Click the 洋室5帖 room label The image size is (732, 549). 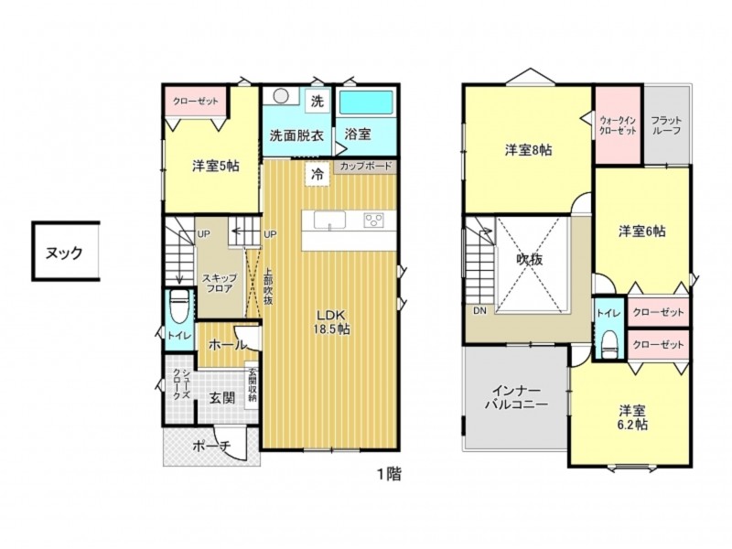[216, 166]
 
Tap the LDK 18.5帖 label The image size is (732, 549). [331, 321]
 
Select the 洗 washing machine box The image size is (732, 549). [318, 101]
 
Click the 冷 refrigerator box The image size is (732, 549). [318, 174]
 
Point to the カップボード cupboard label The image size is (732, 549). [365, 167]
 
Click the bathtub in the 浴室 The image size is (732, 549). [366, 102]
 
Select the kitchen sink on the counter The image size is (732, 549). [329, 221]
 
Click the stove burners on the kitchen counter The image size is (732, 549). [374, 221]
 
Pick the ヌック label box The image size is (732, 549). [66, 251]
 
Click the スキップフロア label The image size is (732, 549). [220, 284]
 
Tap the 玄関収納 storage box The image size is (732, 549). [253, 385]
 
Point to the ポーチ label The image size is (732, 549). [212, 446]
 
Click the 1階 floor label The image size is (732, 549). [389, 475]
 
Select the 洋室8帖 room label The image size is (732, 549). [529, 150]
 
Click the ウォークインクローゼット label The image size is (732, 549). [618, 125]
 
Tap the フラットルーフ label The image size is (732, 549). [666, 125]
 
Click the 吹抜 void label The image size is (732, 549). [530, 259]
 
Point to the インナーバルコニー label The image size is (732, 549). [516, 398]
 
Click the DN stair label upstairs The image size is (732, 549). [479, 310]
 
